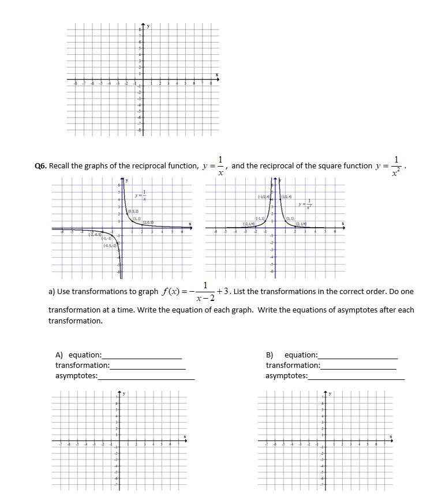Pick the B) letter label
[269, 355]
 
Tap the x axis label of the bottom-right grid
[392, 436]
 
